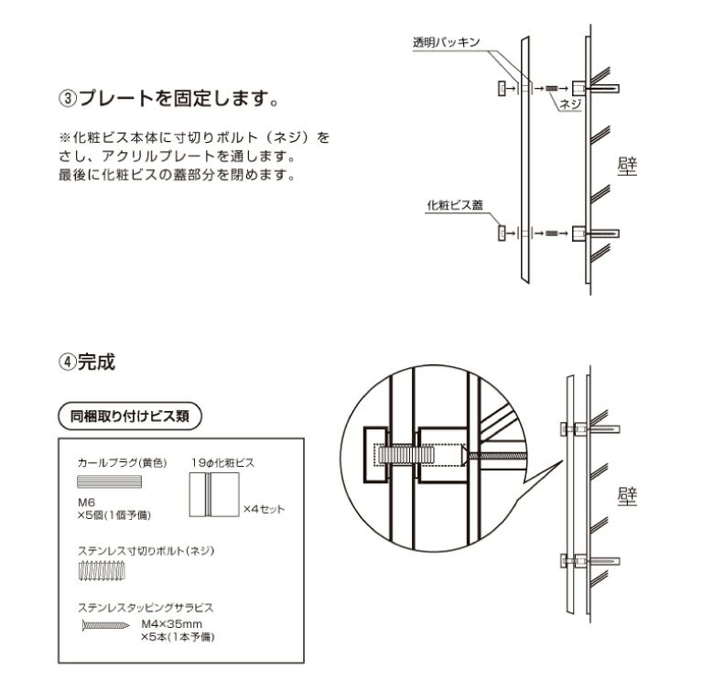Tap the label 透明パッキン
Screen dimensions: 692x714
click(446, 42)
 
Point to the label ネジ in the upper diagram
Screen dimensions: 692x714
click(571, 104)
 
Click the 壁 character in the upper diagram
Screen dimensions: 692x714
click(627, 167)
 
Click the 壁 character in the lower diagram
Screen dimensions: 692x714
click(627, 498)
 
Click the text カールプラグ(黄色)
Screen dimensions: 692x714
click(121, 463)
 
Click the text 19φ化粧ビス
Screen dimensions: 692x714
click(222, 463)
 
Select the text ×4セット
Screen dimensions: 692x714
click(264, 508)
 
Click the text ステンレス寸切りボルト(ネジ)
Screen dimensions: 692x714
click(147, 551)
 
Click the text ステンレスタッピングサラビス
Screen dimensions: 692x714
click(146, 607)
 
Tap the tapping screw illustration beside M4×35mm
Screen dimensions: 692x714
click(106, 627)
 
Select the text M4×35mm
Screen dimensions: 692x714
click(171, 623)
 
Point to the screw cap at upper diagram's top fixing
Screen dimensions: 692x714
click(502, 88)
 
